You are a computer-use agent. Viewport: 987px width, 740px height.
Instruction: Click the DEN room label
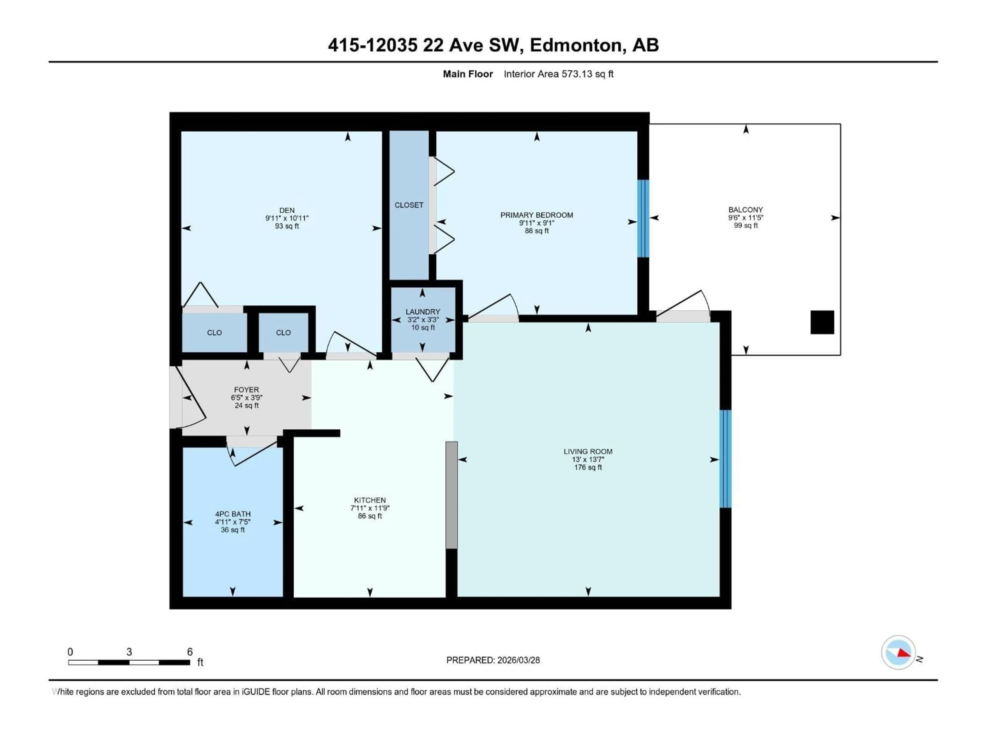tap(287, 210)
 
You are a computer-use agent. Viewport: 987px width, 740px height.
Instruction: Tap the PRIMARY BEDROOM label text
tap(536, 215)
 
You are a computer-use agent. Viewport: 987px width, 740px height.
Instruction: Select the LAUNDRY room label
tap(423, 312)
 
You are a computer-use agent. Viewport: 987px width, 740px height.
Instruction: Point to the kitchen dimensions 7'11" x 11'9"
tap(370, 508)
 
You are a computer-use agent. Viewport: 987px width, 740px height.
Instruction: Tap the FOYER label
tap(246, 390)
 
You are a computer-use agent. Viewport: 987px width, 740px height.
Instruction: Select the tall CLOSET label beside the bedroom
tap(409, 205)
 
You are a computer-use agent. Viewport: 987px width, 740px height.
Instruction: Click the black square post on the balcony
tap(822, 322)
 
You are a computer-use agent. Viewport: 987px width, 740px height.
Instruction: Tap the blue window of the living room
tap(726, 459)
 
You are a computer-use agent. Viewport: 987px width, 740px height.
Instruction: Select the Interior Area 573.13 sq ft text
tap(558, 74)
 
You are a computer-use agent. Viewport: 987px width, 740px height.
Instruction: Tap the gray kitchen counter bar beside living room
tap(452, 495)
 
